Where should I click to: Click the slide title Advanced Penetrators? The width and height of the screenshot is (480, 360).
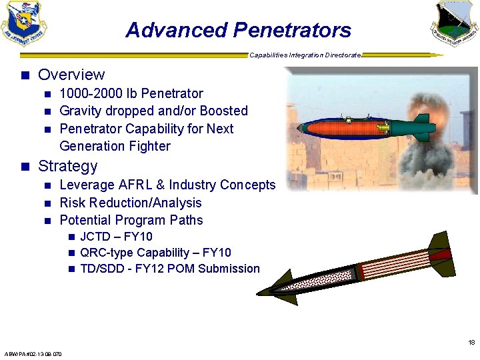coord(238,30)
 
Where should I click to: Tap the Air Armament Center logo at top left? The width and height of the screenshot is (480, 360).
coord(24,24)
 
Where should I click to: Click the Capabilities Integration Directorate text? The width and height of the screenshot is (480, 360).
coord(305,55)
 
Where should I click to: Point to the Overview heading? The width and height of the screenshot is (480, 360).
coord(71,75)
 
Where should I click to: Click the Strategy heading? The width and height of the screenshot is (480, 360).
coord(67,166)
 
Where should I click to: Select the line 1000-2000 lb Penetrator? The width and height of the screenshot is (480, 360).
coord(131,93)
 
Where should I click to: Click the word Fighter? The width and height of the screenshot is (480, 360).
coord(148,146)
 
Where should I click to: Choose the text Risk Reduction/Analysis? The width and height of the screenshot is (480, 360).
coord(131,203)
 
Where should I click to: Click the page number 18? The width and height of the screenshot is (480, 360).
coord(471,343)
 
